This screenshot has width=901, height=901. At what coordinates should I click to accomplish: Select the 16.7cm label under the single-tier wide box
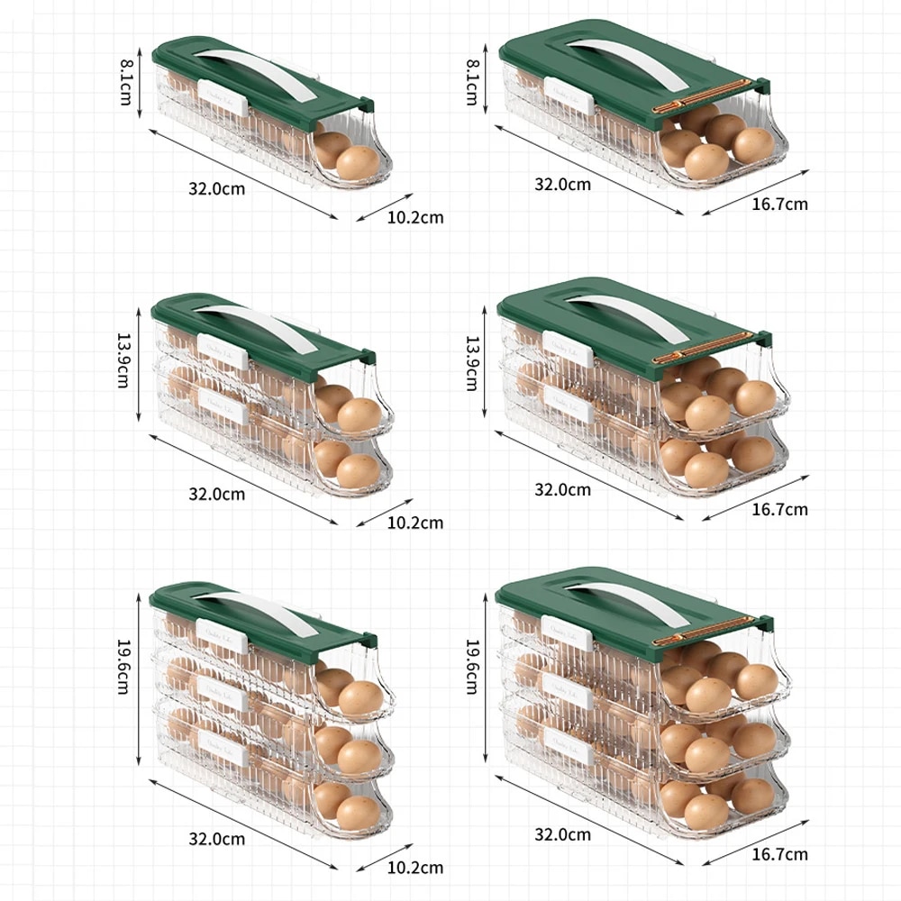[x=780, y=204]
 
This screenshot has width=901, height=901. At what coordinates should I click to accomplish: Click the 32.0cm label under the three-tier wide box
[x=563, y=834]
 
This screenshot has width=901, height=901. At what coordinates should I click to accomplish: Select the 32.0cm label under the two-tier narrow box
[x=216, y=494]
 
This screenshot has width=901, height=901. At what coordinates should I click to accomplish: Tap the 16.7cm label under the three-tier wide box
[x=780, y=854]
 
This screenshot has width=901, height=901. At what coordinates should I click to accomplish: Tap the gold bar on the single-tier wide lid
[x=703, y=94]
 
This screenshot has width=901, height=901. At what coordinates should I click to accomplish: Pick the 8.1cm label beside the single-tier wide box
[x=470, y=79]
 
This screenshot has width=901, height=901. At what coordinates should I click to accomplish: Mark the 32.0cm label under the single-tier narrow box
[x=216, y=188]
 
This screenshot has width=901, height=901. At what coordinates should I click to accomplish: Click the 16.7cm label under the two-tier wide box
[x=780, y=509]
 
